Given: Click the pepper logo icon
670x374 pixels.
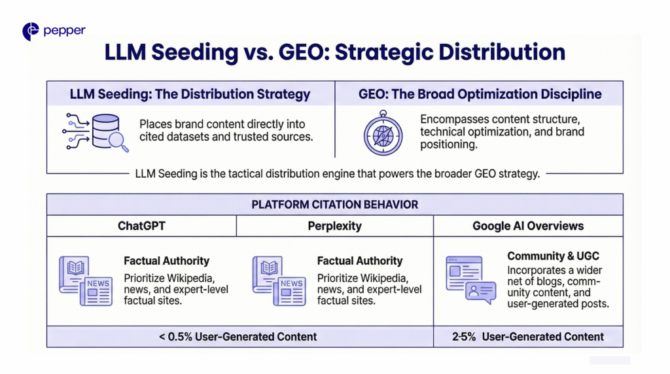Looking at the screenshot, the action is (30, 31).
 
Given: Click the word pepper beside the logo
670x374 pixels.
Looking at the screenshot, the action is (65, 31).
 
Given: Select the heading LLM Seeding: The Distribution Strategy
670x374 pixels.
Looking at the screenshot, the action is (190, 94).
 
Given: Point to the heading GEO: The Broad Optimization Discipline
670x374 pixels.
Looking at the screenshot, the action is (480, 94).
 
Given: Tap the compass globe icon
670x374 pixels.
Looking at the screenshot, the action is (383, 133).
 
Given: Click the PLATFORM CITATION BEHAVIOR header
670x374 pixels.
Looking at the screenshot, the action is (334, 205).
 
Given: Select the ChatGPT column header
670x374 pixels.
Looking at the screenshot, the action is (141, 226).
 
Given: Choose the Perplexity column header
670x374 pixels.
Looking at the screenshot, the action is (334, 226).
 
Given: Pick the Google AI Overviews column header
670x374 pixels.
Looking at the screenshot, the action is (528, 226).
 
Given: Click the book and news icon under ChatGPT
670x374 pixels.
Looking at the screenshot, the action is (86, 280).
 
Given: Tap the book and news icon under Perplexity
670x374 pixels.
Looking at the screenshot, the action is (279, 280).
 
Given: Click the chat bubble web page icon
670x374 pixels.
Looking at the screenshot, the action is (471, 280).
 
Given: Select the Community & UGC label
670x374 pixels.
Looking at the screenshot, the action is (553, 256).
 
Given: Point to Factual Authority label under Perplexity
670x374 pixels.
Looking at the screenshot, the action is (360, 261).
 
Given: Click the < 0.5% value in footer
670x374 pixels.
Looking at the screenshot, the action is (175, 337).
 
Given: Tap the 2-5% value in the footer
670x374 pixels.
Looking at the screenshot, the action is (464, 337).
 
